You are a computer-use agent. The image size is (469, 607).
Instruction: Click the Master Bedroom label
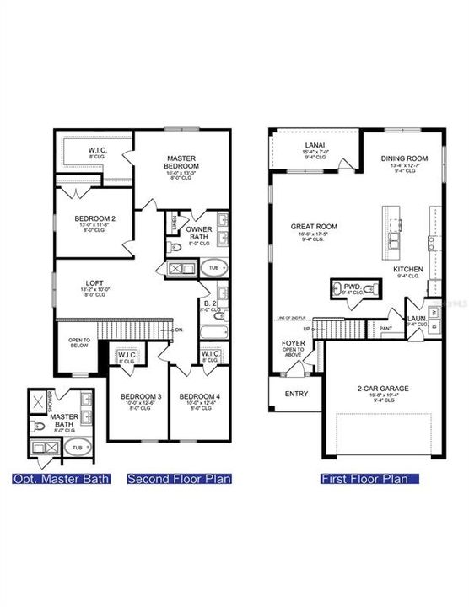pyautogui.click(x=182, y=161)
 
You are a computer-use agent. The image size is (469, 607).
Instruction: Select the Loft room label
pyautogui.click(x=94, y=283)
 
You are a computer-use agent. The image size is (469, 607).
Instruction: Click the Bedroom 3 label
pyautogui.click(x=138, y=395)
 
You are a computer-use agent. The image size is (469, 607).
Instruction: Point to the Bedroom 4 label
pyautogui.click(x=199, y=395)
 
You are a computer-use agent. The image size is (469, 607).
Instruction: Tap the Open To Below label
pyautogui.click(x=78, y=342)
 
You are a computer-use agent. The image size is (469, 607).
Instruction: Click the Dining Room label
pyautogui.click(x=406, y=158)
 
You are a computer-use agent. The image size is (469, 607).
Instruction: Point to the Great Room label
pyautogui.click(x=314, y=226)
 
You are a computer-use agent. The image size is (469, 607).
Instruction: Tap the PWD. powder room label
pyautogui.click(x=351, y=287)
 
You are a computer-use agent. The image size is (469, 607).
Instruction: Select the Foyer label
pyautogui.click(x=294, y=344)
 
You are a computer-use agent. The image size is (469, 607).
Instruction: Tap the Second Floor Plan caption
pyautogui.click(x=179, y=479)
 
